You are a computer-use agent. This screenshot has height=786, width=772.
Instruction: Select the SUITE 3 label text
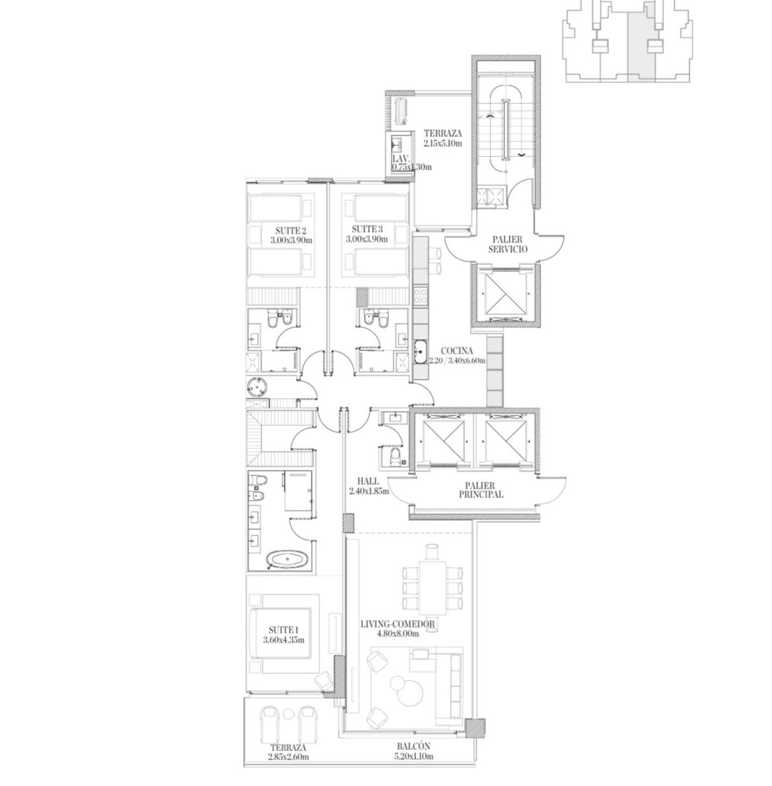tap(366, 230)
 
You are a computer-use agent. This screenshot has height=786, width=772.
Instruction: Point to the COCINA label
tap(457, 351)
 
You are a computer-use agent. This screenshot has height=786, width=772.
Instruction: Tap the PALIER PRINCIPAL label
tap(481, 490)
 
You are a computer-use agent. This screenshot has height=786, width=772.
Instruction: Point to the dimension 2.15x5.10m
tap(443, 143)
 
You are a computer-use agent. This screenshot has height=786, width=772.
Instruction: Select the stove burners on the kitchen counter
tap(420, 296)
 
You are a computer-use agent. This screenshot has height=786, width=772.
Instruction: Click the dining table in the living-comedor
tap(432, 586)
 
